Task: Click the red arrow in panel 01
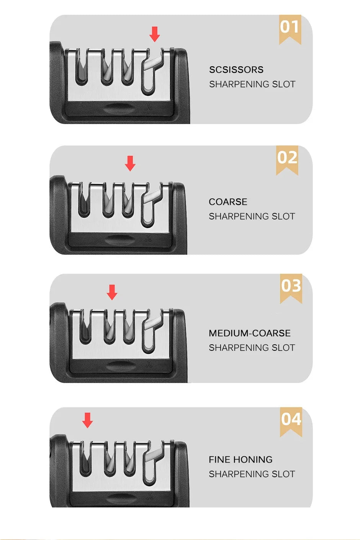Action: click(x=155, y=34)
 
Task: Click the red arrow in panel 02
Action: click(x=130, y=163)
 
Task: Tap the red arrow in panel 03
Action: click(x=112, y=292)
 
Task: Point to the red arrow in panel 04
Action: click(x=88, y=420)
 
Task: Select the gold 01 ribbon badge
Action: click(x=290, y=29)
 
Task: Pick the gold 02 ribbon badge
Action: click(x=287, y=160)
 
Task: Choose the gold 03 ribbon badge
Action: click(x=291, y=288)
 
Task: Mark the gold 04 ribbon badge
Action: click(x=291, y=422)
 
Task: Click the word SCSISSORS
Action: click(x=236, y=70)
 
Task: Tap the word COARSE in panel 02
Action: click(x=228, y=202)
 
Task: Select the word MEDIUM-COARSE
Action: click(x=250, y=333)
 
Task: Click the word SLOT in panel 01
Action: click(x=284, y=84)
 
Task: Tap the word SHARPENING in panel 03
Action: click(x=239, y=348)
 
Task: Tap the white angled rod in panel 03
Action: click(x=153, y=323)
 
